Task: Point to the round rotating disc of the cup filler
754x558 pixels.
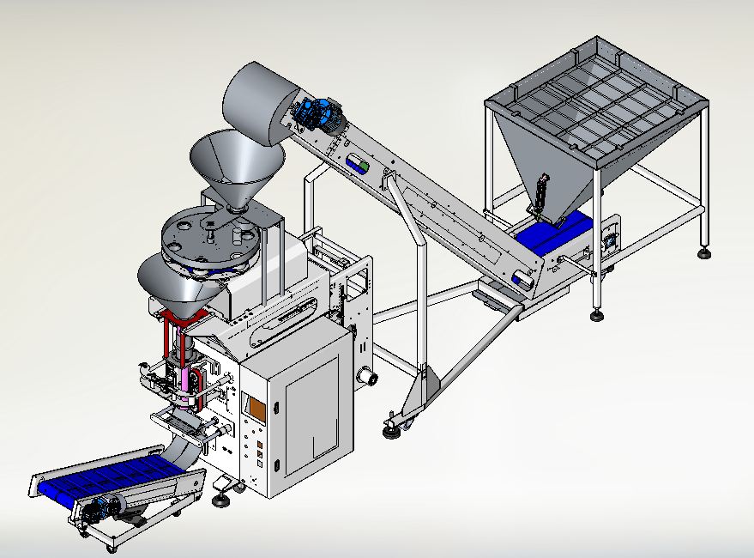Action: point(206,240)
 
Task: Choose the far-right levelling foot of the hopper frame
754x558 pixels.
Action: point(704,253)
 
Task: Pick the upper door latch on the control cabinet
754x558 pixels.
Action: point(277,408)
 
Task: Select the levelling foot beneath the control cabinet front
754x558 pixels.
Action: point(220,498)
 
